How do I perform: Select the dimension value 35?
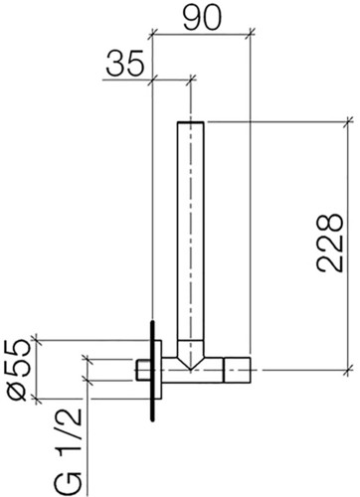(125, 63)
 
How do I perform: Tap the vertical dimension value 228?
(329, 243)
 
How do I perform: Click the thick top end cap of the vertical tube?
(191, 122)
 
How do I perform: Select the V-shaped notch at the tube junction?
(190, 355)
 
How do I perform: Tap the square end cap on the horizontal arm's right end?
(237, 370)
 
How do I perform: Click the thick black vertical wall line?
(152, 371)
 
